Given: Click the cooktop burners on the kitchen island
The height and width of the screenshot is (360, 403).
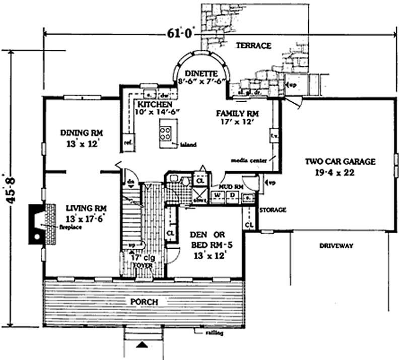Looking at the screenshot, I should (166, 132).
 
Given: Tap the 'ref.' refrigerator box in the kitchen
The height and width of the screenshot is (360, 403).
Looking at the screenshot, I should (128, 142).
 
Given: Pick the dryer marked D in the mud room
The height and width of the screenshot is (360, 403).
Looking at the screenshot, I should (232, 195).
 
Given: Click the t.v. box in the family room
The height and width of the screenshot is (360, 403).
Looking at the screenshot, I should (275, 135).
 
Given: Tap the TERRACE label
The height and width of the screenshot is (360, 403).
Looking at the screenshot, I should (253, 46).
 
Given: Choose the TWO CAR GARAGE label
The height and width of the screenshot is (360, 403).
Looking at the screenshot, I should (340, 162).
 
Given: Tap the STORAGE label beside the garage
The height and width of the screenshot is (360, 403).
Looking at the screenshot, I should (273, 209).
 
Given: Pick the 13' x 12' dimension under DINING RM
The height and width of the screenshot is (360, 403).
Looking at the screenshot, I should (82, 142).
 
